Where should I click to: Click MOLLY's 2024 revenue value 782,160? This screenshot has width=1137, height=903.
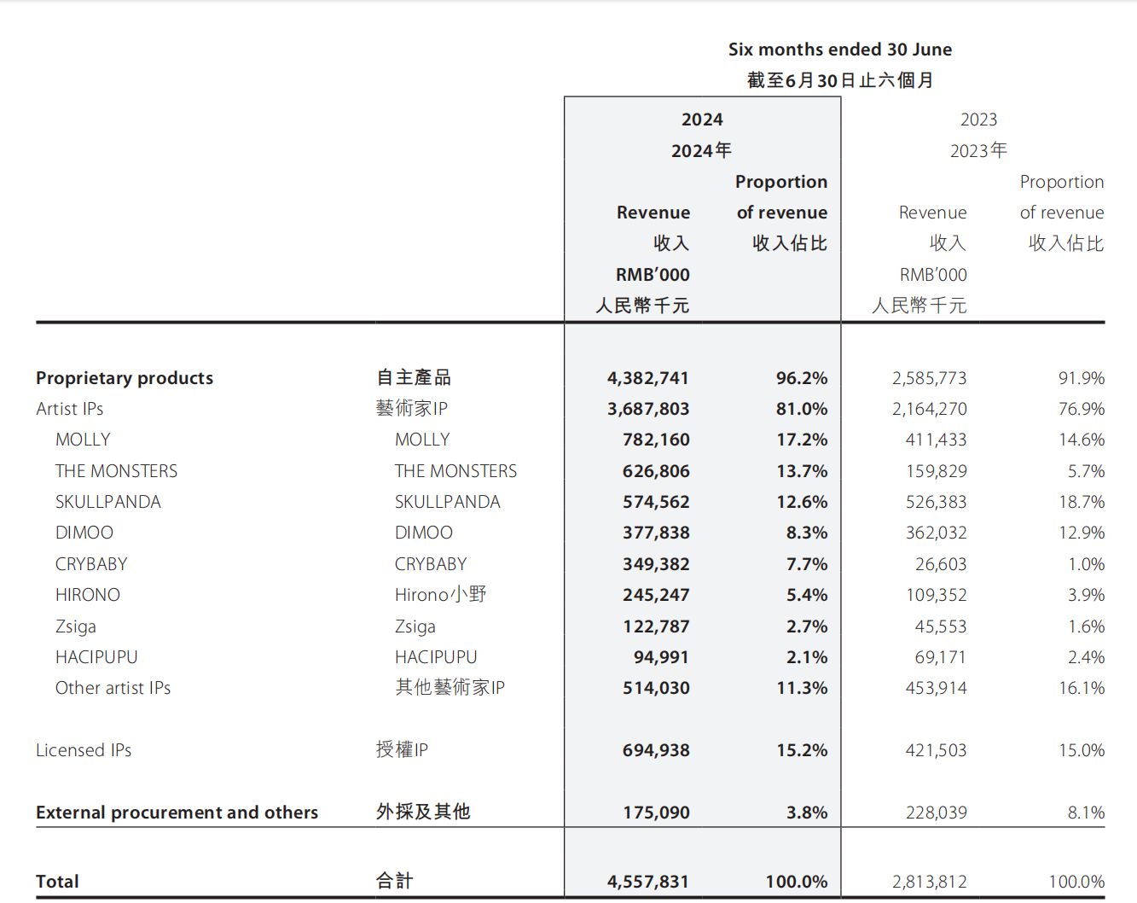pos(656,440)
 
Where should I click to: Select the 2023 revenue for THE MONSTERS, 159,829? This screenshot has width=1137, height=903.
pos(936,471)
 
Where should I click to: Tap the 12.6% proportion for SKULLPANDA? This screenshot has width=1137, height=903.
pos(802,502)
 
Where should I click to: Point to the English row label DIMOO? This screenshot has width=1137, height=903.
pos(84,533)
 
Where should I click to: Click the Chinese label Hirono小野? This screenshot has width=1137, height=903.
pos(440,595)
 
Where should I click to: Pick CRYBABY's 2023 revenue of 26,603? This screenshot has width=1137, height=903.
pos(941,564)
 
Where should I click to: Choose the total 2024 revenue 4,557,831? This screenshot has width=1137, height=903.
pos(647,882)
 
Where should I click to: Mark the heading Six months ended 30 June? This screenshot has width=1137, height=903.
pos(840,50)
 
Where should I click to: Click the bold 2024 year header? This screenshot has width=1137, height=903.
pos(702,119)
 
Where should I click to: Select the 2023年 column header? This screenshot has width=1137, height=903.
pos(978,151)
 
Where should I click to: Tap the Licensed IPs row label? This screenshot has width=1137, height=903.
pos(84,750)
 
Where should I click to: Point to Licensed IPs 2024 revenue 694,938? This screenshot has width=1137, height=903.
pos(656,750)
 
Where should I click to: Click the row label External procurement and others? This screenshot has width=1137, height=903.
pos(177,813)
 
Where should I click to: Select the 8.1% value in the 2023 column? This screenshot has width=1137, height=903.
pos(1086,813)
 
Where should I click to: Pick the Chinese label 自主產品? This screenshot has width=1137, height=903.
pos(414,377)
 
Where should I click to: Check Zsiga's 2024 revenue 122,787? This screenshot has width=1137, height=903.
pos(656,626)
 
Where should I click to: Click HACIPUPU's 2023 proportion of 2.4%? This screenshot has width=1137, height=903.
pos(1086,657)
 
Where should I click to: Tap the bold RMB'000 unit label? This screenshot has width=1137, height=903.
pos(653,275)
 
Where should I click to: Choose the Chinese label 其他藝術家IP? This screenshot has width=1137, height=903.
pos(450,688)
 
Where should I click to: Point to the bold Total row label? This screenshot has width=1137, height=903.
pos(57,882)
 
